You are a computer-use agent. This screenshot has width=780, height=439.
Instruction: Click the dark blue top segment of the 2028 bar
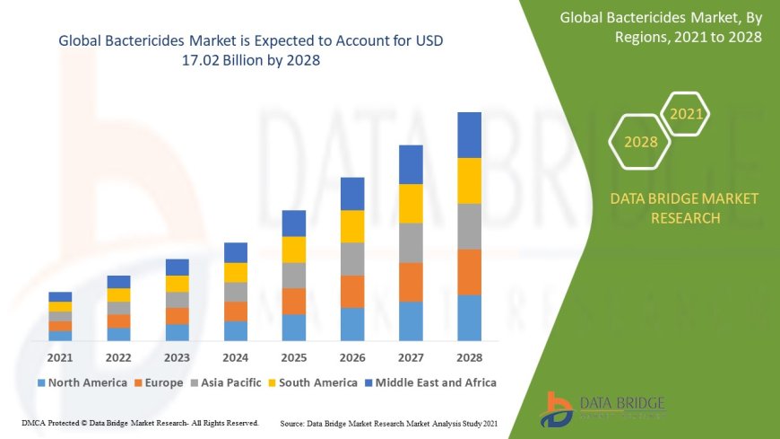470,135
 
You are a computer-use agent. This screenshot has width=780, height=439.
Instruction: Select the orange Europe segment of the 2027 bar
411,282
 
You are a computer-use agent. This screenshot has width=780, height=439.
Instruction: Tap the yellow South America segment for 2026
352,226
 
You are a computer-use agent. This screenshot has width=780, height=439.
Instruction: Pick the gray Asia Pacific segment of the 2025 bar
294,276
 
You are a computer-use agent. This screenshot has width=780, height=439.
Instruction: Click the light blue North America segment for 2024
236,331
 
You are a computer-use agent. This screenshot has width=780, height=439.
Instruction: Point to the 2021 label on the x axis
60,357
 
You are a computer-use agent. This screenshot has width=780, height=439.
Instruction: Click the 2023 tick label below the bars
178,357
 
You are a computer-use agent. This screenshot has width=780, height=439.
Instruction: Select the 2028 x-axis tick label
470,357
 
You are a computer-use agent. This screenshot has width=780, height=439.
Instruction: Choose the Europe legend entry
160,382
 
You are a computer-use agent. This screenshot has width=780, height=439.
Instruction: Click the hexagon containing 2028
640,142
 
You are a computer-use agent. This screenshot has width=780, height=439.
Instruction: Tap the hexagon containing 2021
687,114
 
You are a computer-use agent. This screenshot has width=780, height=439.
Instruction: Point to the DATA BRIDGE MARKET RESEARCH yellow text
684,208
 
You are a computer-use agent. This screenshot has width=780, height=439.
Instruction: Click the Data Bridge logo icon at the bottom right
559,409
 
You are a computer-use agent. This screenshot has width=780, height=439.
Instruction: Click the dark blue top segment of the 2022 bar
118,282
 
